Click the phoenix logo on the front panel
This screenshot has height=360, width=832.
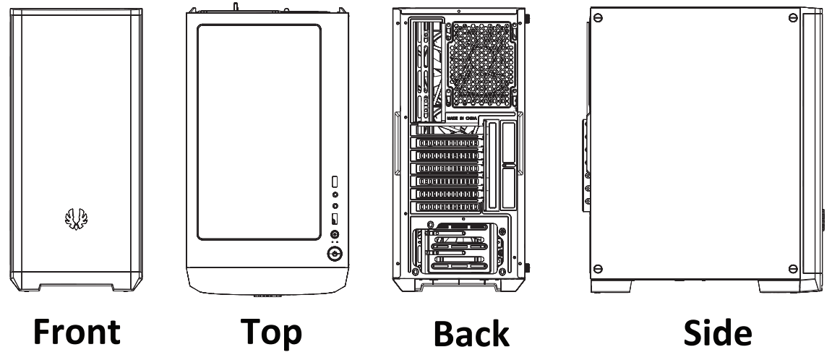(75, 219)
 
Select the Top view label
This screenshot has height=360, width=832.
(261, 332)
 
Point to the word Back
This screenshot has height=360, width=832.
(472, 334)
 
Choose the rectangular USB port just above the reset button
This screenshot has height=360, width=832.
(335, 219)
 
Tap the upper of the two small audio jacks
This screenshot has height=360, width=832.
(335, 194)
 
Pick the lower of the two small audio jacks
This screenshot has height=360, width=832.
(335, 206)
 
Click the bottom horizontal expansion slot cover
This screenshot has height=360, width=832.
(445, 207)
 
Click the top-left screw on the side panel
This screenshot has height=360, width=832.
(598, 17)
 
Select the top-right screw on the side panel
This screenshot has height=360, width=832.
(793, 17)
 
